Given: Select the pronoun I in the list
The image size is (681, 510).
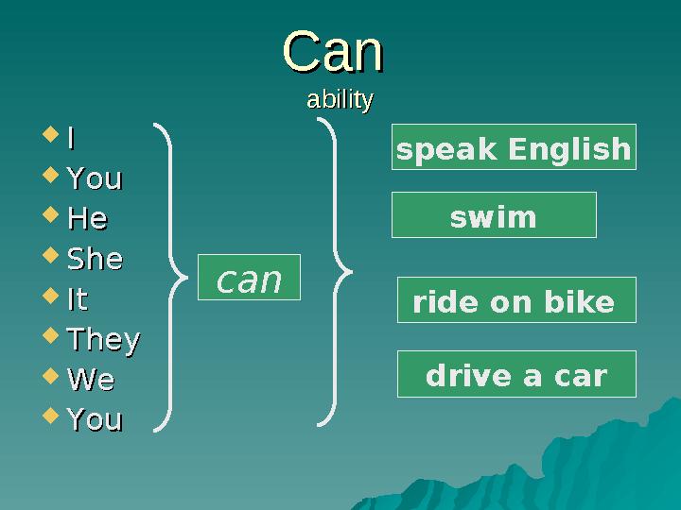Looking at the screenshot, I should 70,139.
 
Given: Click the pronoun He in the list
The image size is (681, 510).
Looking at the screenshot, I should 87,219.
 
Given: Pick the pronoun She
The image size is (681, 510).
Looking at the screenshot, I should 95,260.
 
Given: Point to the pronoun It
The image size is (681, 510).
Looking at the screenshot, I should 78,300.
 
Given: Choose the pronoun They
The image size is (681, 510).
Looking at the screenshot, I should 103,339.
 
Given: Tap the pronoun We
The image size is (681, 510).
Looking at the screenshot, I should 91,380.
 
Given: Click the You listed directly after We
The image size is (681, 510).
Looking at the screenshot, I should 95,419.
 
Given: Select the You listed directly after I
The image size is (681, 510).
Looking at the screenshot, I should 95,178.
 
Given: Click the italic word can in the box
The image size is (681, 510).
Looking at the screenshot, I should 249,279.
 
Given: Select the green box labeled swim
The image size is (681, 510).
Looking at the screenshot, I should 494,216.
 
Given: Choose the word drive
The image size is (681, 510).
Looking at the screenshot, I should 463,376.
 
